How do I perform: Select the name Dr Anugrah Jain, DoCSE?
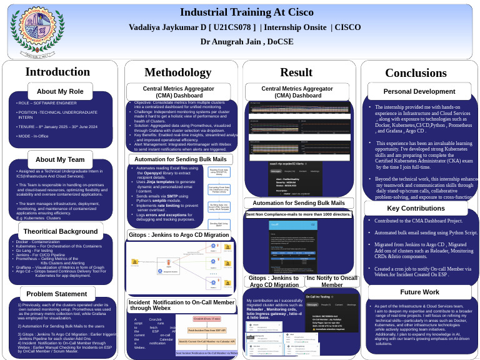(246, 42)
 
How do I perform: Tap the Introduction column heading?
(57, 72)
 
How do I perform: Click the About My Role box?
(60, 91)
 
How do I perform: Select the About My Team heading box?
(60, 159)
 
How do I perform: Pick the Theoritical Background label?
(61, 231)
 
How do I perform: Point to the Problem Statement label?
(57, 294)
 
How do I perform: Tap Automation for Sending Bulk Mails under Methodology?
(180, 159)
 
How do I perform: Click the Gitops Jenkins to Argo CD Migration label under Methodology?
(179, 235)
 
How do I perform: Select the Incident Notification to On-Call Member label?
(182, 304)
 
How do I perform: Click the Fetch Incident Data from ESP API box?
(207, 329)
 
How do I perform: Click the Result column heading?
(296, 72)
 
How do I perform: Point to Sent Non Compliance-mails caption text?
(298, 214)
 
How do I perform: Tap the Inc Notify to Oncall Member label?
(332, 281)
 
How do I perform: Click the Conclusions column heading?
(416, 72)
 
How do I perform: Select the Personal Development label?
(419, 91)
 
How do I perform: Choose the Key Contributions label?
(416, 208)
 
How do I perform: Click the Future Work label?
(419, 292)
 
